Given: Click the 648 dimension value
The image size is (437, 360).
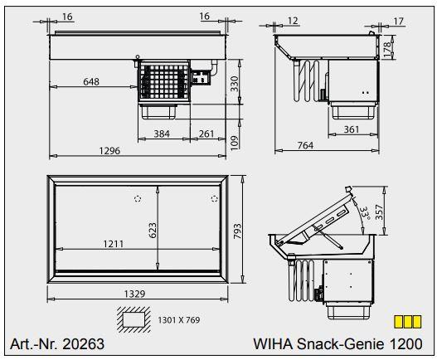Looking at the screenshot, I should tap(93, 81).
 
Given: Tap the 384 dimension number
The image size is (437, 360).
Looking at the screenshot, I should tap(162, 134).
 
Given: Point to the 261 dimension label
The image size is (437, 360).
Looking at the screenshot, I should tap(206, 134).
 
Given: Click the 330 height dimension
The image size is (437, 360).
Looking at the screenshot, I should tap(235, 82).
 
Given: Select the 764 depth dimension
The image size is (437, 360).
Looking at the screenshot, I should tap(305, 146).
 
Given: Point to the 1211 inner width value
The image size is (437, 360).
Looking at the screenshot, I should tap(115, 244).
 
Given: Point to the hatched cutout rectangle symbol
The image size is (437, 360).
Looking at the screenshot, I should tap(132, 319).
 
